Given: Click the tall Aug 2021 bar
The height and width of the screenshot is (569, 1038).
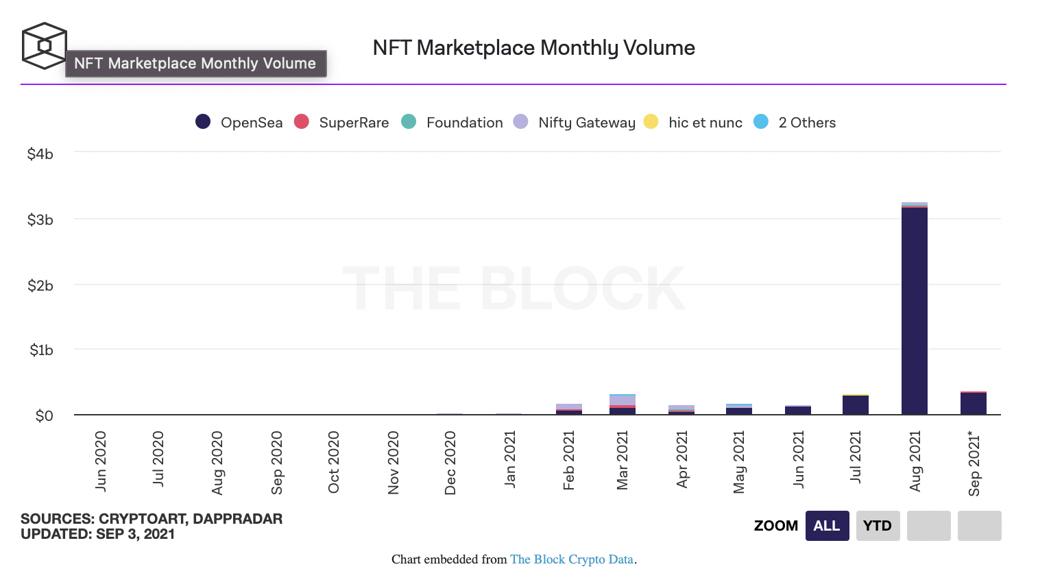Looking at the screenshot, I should coord(914,308).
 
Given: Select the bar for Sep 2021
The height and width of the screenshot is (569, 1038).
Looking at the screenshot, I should coord(973,403).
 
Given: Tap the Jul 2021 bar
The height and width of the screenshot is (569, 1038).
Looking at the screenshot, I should coord(855,405).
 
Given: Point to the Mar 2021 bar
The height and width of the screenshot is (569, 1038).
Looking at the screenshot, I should coord(622,404).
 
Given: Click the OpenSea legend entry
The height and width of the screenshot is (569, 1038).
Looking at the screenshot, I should coord(239,122).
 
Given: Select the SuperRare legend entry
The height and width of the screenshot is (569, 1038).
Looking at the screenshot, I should coord(341,122).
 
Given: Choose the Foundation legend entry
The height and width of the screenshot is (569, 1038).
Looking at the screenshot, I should coord(452,122).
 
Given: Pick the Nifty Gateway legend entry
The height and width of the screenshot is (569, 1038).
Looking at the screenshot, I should coord(575,122).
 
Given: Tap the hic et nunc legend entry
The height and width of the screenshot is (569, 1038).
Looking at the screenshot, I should coord(694,122).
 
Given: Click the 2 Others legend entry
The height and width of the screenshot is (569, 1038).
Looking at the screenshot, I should coord(795,122).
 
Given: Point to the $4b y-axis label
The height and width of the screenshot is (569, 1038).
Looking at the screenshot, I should coord(40,154).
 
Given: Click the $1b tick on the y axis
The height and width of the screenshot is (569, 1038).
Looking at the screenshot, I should coord(41,350).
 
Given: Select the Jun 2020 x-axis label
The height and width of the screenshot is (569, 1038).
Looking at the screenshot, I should coord(101,461).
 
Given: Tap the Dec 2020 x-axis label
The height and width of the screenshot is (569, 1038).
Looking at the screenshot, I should coord(450,462).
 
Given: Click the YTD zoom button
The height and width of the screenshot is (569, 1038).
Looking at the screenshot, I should coord(878,526).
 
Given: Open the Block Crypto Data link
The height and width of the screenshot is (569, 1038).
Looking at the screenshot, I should coord(571,559).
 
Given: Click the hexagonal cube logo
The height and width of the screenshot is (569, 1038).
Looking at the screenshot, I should coord(44,46).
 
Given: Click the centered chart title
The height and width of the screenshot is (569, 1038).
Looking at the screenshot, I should coord(533,48).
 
